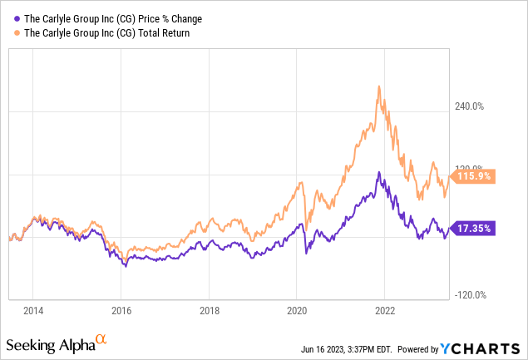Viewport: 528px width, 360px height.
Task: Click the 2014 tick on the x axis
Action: [32, 311]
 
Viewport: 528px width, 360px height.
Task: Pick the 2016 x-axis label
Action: [121, 311]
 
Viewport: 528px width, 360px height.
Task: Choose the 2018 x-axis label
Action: [210, 311]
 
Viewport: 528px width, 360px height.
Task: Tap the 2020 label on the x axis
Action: [298, 311]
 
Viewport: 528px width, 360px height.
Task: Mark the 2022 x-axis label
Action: [386, 311]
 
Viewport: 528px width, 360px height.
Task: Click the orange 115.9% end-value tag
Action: [475, 176]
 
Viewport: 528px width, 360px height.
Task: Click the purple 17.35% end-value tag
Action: [475, 228]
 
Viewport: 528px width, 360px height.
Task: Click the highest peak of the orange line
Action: [379, 86]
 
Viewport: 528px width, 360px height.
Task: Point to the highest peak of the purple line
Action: [378, 173]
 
